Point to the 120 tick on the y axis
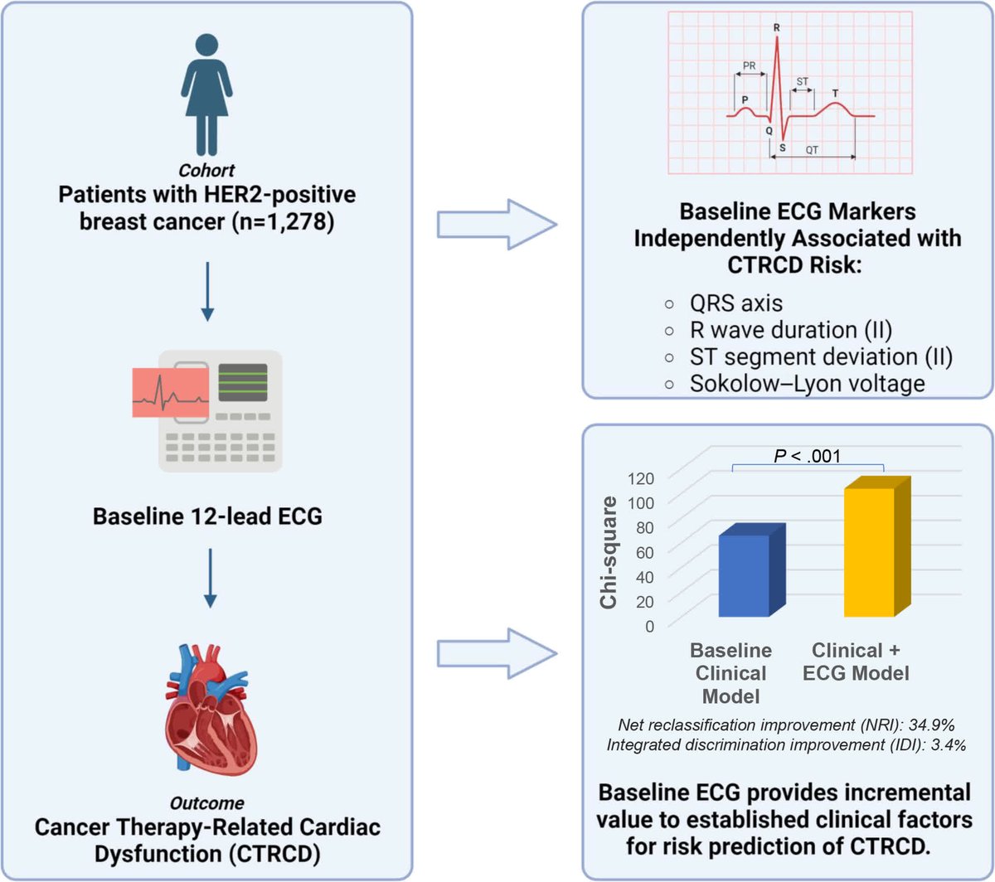[x=642, y=478]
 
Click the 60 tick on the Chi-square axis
[x=642, y=552]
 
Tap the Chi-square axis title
[x=611, y=553]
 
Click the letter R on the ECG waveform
[x=776, y=28]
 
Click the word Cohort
[x=207, y=172]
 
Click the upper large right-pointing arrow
[x=496, y=224]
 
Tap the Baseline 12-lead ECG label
[x=207, y=516]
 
